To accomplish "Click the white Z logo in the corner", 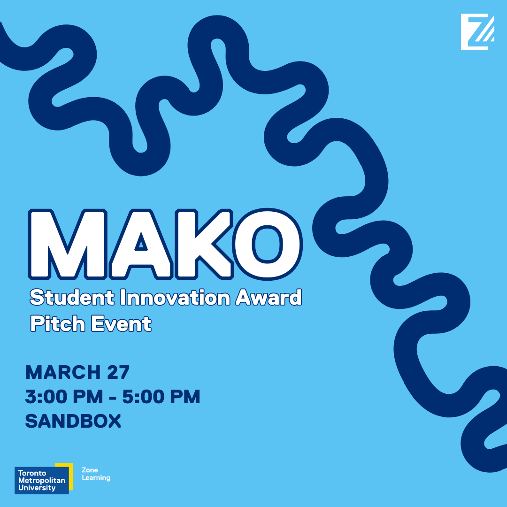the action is point(477,32).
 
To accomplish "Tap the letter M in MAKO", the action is point(68,244).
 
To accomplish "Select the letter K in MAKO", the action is point(204,244).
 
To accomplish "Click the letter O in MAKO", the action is point(268,244).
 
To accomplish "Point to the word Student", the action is point(72,298).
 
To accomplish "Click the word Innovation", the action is point(175,298).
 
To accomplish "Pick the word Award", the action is point(269,298).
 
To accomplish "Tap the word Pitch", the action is point(58,323).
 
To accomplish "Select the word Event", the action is point(121,323).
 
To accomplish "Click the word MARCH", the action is point(63,372).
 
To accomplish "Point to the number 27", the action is point(118,372).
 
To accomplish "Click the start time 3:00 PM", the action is point(64,396).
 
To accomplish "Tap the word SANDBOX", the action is point(73,421).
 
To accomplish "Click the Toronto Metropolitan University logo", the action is point(43,478).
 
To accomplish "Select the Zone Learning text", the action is point(96,474).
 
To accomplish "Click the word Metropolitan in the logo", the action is point(42,481).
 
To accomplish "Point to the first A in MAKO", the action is point(141,244).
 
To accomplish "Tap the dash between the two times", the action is point(113,398).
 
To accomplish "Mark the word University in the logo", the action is point(37,488).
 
